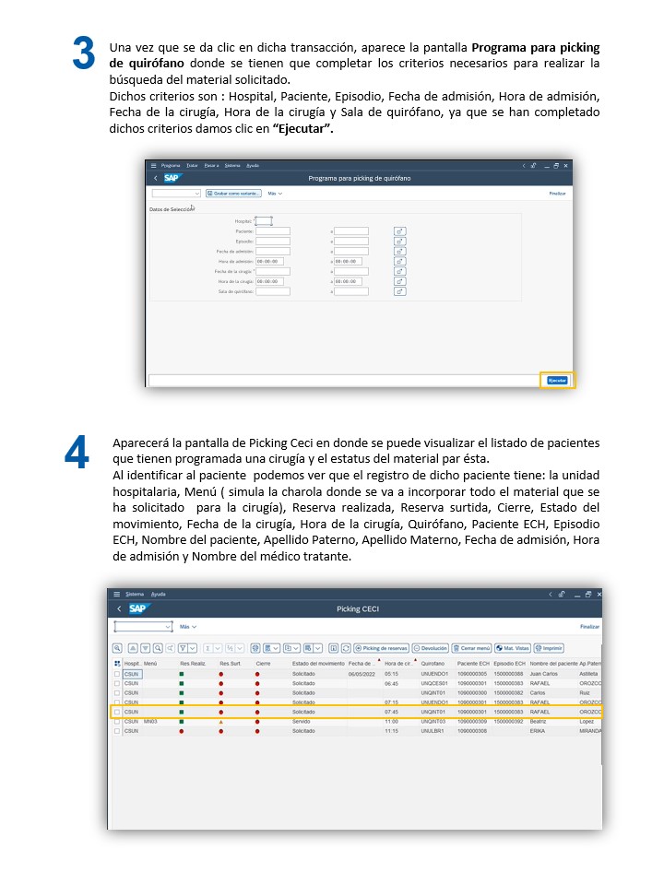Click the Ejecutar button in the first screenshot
[x=557, y=380]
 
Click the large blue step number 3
[x=83, y=54]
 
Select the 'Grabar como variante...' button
[x=233, y=194]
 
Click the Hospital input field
[x=263, y=221]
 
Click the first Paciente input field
[x=273, y=231]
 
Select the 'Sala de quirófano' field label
[x=235, y=291]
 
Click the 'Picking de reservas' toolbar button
[x=382, y=648]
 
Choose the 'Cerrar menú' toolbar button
[x=470, y=648]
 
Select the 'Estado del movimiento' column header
[x=317, y=663]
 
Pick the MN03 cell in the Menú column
[x=151, y=721]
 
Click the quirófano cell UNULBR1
[x=433, y=730]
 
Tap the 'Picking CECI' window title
[x=358, y=608]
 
